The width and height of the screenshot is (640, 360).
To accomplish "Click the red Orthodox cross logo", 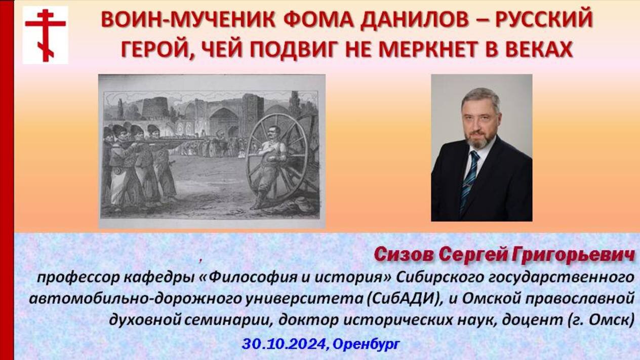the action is (x=45, y=35).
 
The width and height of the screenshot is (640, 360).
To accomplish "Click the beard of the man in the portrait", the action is (x=479, y=138).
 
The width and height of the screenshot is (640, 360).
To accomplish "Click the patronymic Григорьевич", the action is (x=573, y=255).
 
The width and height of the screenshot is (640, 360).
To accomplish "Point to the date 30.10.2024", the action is (x=284, y=344).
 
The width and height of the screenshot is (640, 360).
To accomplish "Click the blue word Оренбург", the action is (x=366, y=345).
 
